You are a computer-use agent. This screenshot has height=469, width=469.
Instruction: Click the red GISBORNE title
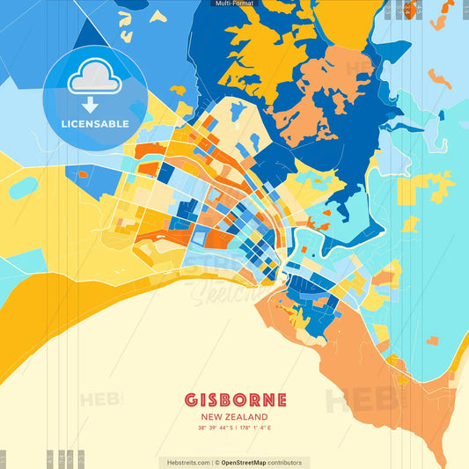pos(234,399)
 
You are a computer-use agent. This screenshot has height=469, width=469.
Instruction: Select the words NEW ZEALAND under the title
pos(234,417)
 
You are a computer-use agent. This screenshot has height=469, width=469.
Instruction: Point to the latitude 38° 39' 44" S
pos(215,429)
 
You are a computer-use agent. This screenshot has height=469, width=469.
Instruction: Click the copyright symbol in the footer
pos(216,462)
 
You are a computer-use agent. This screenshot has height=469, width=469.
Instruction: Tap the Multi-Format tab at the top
pos(234,4)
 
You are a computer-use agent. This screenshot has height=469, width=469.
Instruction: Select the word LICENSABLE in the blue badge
pos(94,124)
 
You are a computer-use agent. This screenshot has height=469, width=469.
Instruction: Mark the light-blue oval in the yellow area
pos(23,187)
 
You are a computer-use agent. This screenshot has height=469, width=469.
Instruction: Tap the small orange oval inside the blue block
pos(83,174)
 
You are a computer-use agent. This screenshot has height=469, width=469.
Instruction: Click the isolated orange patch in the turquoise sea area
pos(432,340)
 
